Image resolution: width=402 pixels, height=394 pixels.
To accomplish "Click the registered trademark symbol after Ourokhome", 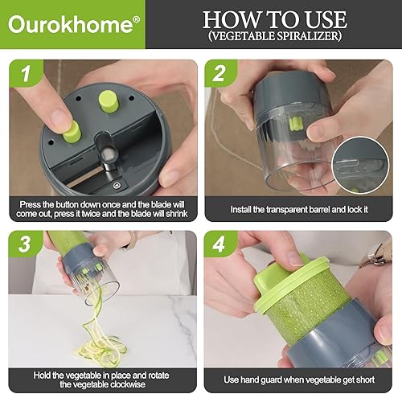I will point(136,18).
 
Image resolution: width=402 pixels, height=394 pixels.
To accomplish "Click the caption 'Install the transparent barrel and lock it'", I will point(300,210).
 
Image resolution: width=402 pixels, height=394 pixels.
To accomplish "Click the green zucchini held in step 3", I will point(72,245).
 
